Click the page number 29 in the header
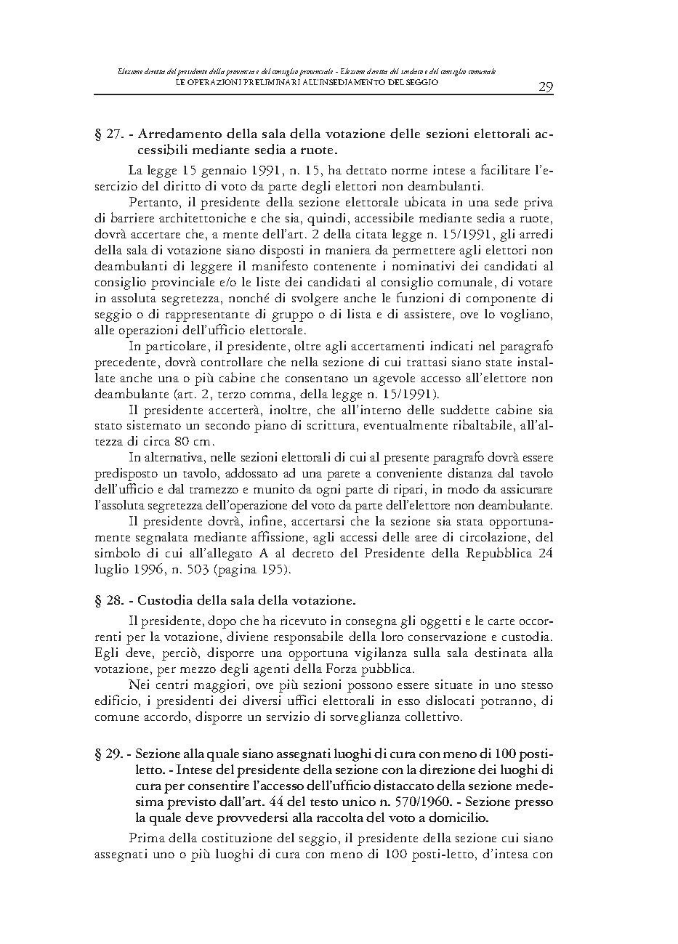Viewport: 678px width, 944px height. click(546, 87)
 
